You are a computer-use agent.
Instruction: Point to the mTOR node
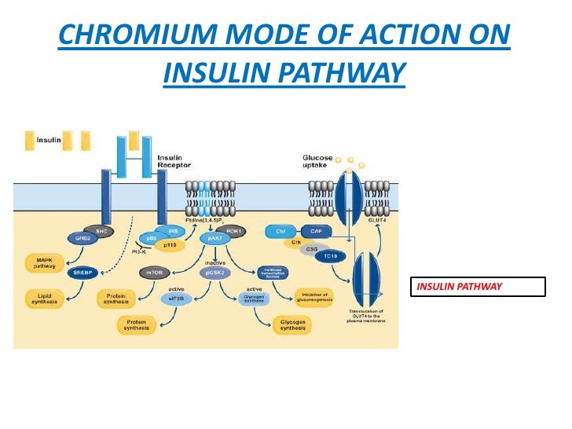(152, 273)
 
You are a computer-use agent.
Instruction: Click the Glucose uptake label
(317, 161)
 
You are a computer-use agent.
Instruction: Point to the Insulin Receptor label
(175, 161)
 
